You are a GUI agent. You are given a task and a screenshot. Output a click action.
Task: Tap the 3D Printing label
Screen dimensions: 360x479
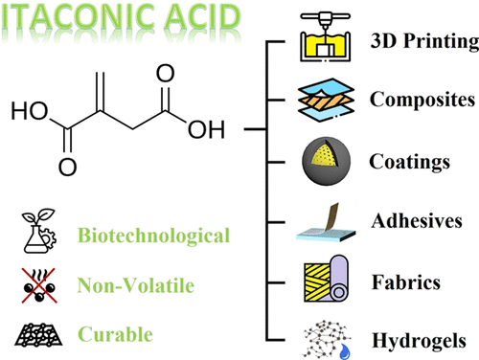click(x=422, y=42)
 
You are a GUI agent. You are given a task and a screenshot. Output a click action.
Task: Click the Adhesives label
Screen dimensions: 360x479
click(x=417, y=222)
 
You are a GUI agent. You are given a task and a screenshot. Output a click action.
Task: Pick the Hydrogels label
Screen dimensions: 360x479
click(x=418, y=338)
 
